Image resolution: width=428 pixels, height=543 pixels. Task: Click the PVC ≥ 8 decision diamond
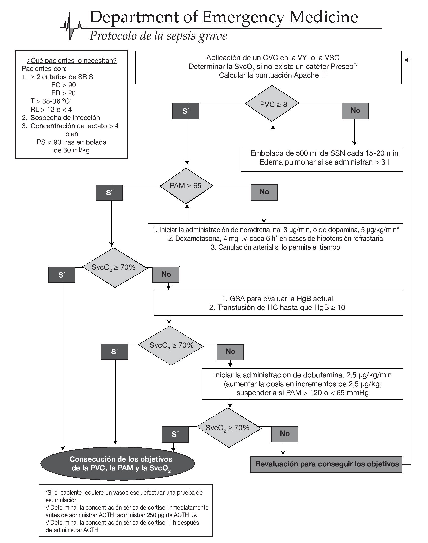click(272, 103)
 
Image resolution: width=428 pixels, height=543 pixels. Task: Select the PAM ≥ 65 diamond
click(186, 186)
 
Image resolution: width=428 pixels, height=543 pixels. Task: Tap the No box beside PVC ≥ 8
click(355, 111)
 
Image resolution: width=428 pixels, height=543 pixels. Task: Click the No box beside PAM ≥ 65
click(264, 192)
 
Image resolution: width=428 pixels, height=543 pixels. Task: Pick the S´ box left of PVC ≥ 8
click(186, 111)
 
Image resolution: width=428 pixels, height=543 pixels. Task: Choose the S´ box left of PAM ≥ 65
click(109, 193)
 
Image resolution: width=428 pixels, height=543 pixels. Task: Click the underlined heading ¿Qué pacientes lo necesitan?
click(72, 61)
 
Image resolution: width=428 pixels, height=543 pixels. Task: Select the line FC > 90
click(64, 85)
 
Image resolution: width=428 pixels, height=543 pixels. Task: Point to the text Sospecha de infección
click(65, 118)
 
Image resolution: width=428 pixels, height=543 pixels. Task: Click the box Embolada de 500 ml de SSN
click(322, 158)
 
